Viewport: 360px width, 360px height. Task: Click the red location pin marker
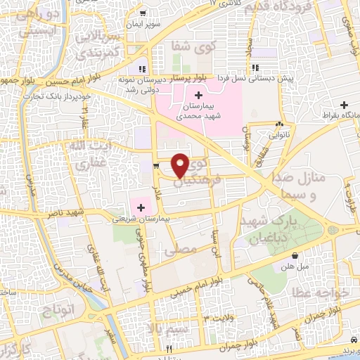coord(181,165)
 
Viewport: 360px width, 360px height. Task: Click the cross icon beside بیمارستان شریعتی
coord(141,207)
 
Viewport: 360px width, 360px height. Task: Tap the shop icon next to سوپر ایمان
coord(143,13)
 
